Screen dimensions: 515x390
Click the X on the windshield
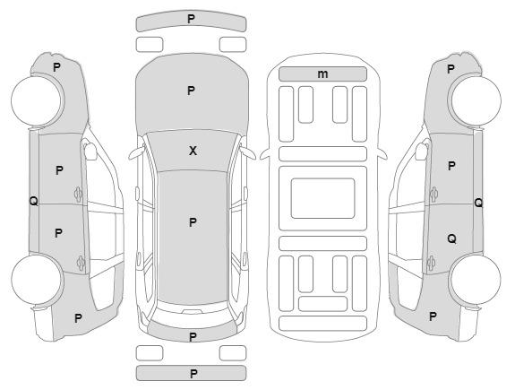coord(193,151)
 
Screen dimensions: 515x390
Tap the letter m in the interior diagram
coord(322,74)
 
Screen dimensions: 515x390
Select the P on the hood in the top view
coord(191,91)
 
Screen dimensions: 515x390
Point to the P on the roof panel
coord(193,222)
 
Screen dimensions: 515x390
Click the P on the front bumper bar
coord(191,19)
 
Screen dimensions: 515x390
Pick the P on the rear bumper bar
coord(193,374)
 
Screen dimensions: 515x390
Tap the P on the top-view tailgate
coord(193,337)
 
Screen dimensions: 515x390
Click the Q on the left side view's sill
coord(33,201)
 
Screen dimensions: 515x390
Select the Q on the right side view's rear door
coord(452,238)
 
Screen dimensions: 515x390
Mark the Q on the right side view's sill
coord(478,203)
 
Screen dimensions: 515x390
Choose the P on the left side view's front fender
coord(56,67)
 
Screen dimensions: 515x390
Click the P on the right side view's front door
coord(451,166)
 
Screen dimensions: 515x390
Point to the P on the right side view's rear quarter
coord(433,316)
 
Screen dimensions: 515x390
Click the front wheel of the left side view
coord(36,100)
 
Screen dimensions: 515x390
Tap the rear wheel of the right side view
coord(476,280)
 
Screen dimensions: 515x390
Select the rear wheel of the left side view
coord(37,280)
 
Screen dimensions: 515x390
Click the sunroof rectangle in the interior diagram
coord(322,198)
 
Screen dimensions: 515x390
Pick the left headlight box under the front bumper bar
coord(150,45)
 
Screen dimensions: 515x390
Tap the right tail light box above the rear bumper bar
coord(233,353)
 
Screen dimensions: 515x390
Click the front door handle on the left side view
coord(78,195)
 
